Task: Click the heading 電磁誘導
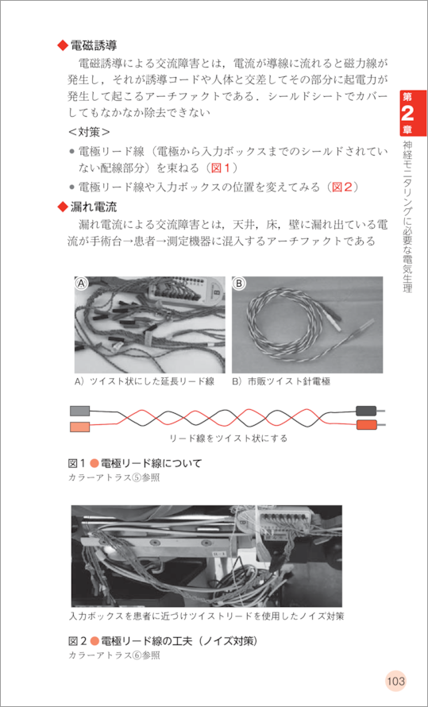[94, 44]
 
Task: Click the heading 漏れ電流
[94, 207]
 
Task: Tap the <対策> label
[89, 133]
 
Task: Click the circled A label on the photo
[81, 283]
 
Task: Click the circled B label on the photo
[238, 283]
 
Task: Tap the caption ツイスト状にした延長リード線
[152, 382]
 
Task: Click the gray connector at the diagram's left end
[80, 411]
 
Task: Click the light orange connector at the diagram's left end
[80, 426]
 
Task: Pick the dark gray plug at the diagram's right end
[366, 411]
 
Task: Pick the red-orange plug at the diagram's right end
[366, 425]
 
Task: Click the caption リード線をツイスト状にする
[228, 438]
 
